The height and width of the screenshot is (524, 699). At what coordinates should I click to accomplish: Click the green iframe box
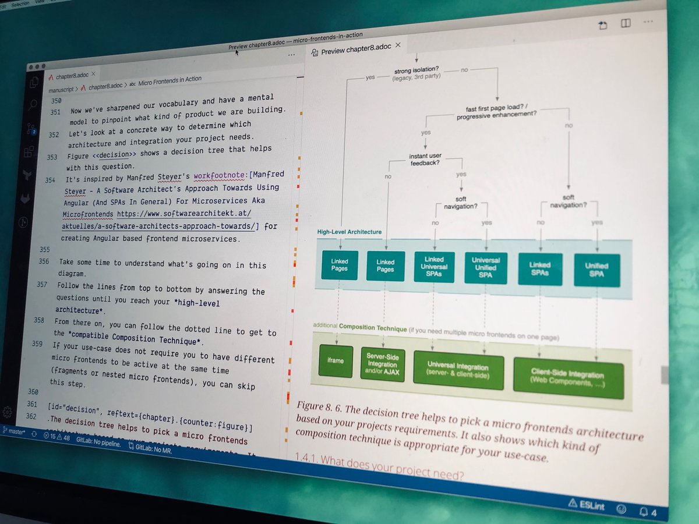tap(336, 360)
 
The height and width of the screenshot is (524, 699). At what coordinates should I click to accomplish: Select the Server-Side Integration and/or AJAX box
tap(382, 364)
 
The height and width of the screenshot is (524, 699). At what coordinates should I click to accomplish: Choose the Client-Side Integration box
tap(567, 377)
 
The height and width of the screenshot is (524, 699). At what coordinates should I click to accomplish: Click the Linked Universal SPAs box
tap(434, 267)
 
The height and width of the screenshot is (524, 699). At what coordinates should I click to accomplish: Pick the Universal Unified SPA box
tap(486, 268)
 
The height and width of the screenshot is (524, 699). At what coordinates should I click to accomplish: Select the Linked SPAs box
tap(540, 269)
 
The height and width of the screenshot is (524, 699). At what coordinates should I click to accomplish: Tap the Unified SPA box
tap(596, 270)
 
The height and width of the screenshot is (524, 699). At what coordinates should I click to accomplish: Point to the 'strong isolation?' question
tap(416, 73)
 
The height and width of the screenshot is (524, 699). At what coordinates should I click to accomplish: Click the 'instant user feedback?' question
tap(425, 159)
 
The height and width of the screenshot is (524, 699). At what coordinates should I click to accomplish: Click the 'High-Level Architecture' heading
tap(349, 232)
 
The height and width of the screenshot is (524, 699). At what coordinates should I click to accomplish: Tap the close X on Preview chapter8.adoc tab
tap(398, 45)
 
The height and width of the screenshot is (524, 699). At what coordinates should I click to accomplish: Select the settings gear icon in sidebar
tap(8, 412)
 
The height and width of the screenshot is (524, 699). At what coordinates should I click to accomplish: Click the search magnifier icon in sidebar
tap(32, 105)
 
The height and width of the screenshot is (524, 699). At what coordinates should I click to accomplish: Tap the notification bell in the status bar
tap(644, 511)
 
